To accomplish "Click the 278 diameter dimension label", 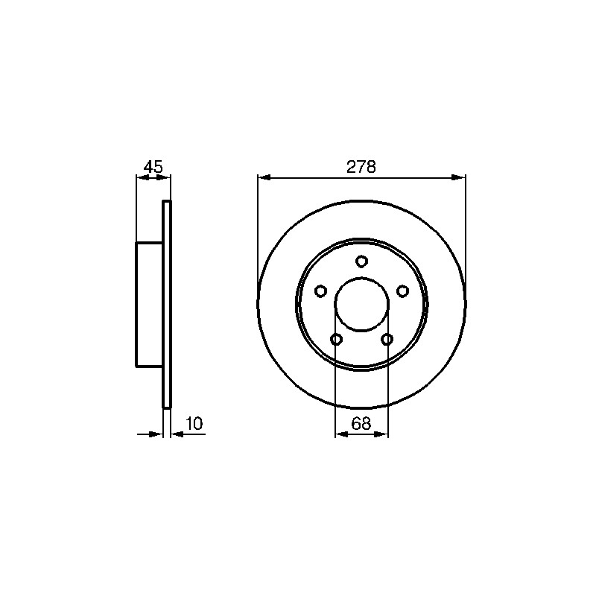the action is click(361, 167).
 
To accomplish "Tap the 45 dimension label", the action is click(153, 167).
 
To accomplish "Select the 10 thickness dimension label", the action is click(194, 423).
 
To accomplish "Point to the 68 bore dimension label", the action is click(361, 423).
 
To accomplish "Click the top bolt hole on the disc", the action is click(361, 261).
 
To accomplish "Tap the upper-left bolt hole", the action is click(321, 291).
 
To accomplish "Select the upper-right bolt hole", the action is click(402, 291).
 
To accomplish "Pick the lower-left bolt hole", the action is click(337, 339).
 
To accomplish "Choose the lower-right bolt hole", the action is click(387, 339).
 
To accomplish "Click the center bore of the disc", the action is click(362, 304).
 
